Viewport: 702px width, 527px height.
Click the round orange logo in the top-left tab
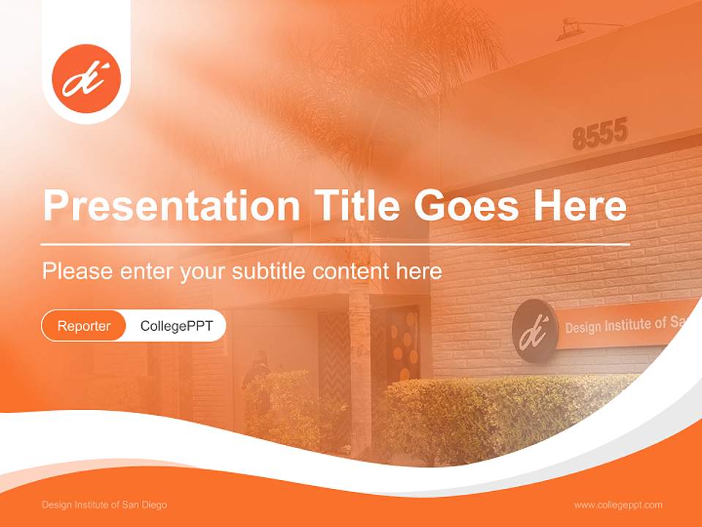[86, 79]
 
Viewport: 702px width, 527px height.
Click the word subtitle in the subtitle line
[270, 272]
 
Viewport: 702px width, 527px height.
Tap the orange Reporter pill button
[84, 326]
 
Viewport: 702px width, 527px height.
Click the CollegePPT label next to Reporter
[176, 326]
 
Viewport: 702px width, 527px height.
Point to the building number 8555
[600, 135]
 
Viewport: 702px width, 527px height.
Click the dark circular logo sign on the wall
[535, 331]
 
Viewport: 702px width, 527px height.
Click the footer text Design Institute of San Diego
[105, 505]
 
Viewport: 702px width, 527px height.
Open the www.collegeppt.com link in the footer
[618, 505]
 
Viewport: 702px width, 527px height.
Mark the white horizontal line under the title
[336, 244]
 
